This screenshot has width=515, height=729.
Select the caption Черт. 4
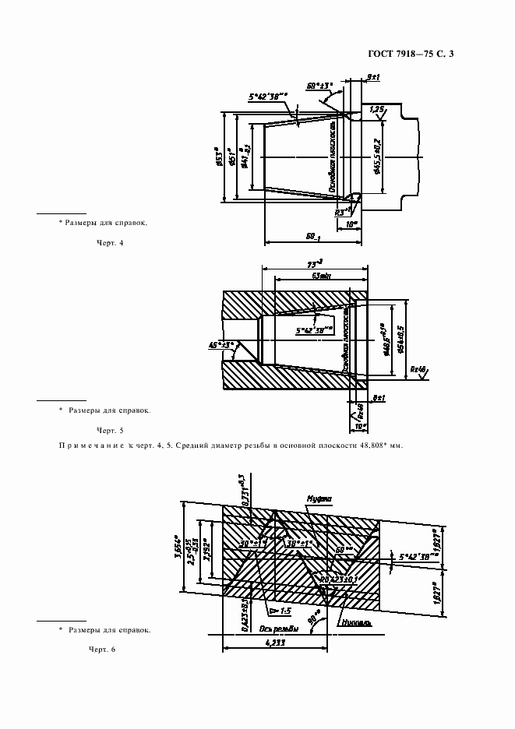point(110,243)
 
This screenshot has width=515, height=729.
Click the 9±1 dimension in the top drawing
point(372,77)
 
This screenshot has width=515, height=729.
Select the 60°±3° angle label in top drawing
point(319,85)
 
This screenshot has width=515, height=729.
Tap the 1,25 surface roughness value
point(377,109)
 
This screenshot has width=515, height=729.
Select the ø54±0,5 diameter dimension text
point(399,338)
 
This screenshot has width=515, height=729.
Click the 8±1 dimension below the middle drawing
point(379,398)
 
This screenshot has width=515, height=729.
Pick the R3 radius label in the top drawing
point(340,211)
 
